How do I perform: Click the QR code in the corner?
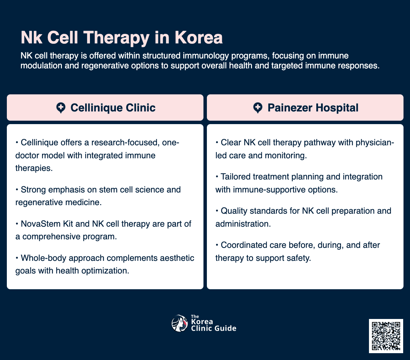coord(386,336)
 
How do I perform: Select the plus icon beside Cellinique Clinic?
coord(61,108)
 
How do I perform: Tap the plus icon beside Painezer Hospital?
coord(257,108)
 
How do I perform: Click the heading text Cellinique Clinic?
coord(113,108)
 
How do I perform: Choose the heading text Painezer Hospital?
coord(313,108)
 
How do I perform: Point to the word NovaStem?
coord(37,224)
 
